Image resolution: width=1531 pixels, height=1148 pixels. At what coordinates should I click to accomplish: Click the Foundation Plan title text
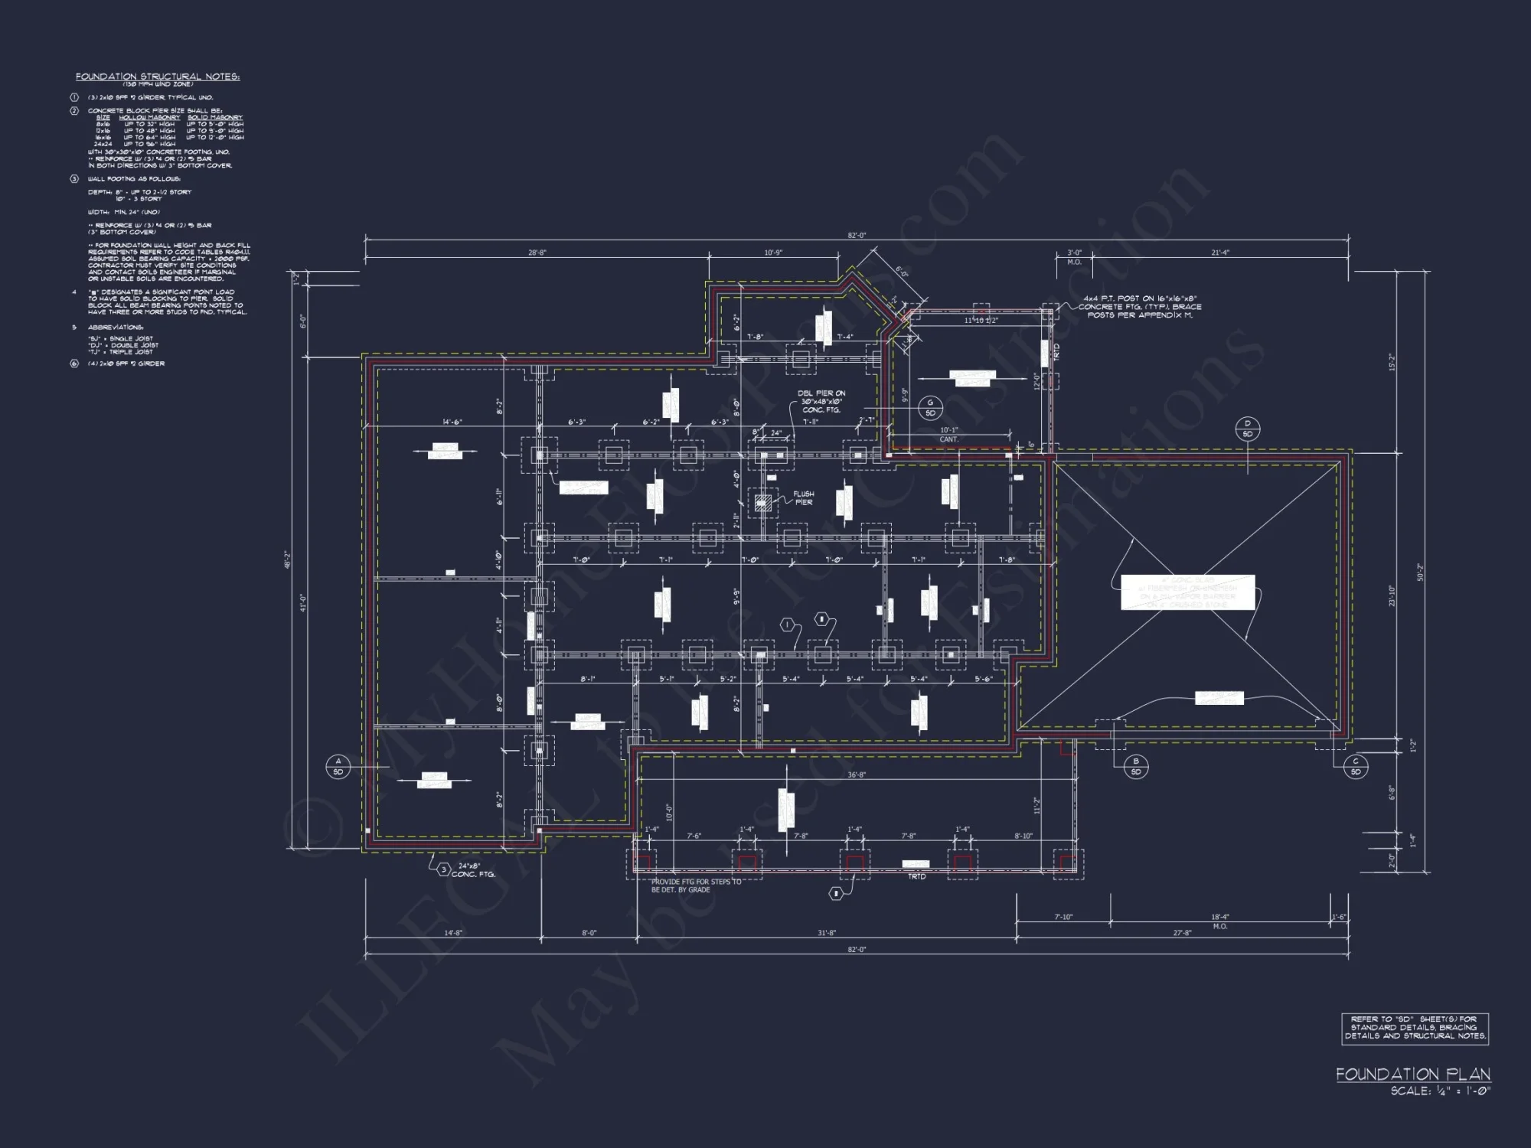1413,1074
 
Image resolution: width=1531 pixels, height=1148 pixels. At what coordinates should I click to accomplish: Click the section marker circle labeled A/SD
338,766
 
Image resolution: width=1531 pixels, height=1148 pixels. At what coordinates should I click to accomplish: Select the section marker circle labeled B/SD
1136,766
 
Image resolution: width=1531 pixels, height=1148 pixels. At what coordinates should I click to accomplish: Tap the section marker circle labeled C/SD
1355,766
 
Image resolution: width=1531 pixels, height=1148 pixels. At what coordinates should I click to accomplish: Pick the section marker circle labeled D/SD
1248,429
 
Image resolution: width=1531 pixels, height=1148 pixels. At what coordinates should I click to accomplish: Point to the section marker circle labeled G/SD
931,408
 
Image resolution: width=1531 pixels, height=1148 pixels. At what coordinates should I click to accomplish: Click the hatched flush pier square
762,503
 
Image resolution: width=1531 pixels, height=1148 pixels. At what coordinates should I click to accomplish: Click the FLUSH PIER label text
803,498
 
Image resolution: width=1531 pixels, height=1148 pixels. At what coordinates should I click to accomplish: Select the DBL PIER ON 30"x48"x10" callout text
821,401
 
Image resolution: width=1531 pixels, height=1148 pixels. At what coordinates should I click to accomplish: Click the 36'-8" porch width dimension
856,775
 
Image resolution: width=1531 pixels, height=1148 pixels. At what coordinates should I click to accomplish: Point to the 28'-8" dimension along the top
537,253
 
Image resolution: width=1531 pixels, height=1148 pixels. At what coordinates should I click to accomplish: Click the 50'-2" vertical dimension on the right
1420,572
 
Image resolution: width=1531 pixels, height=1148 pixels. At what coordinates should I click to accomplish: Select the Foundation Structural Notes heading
158,77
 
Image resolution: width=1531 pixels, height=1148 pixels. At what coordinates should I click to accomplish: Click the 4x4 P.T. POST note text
1140,306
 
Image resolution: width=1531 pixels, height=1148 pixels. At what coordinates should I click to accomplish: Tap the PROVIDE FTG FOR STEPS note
696,885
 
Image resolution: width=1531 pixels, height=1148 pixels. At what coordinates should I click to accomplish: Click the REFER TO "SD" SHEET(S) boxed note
1415,1028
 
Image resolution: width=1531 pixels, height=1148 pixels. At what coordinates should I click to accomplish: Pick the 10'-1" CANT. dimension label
948,435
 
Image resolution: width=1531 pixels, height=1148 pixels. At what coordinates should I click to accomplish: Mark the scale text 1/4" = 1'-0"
1440,1091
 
